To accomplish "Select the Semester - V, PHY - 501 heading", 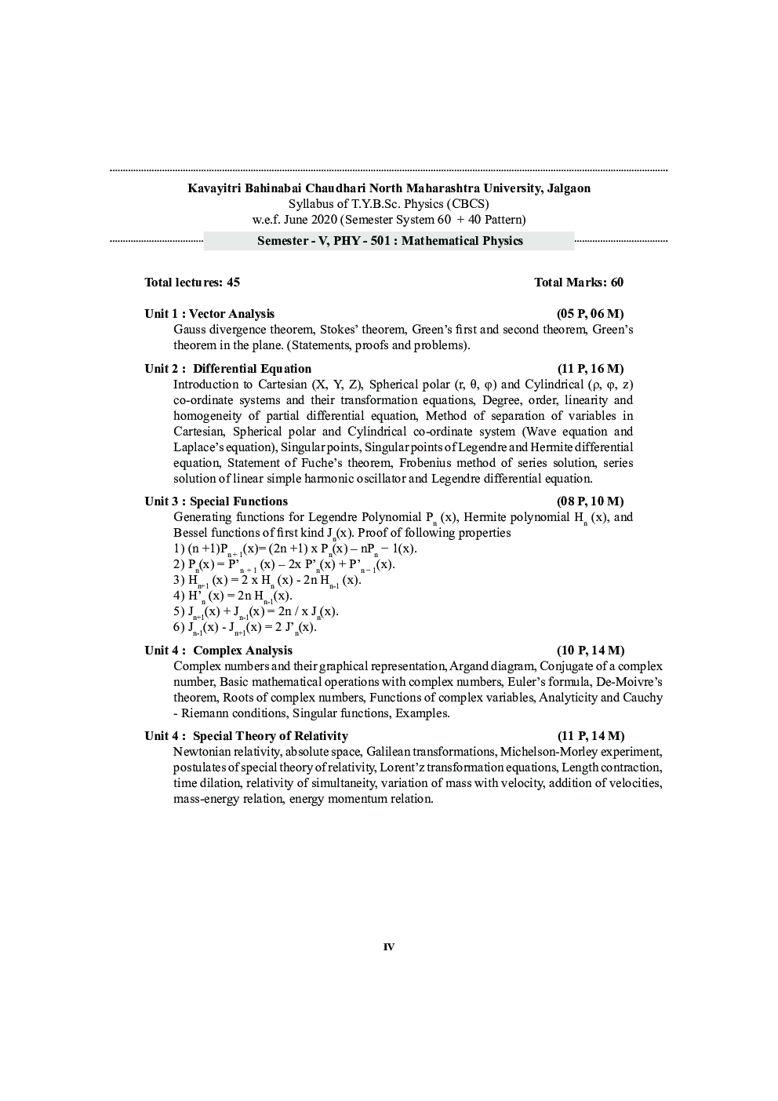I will point(390,241).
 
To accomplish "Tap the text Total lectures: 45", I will point(192,283).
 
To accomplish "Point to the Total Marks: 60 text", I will point(579,283).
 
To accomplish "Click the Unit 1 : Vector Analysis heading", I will point(209,314).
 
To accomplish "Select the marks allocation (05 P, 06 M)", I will point(591,314).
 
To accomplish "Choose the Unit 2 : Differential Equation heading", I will point(227,369).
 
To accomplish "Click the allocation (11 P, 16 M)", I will point(591,369).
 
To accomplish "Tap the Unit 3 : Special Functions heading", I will point(216,501).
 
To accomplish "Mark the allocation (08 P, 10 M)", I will point(591,501).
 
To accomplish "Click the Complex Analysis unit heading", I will point(218,651).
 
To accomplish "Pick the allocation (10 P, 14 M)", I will point(591,651).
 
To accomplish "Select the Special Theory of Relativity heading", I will point(246,736).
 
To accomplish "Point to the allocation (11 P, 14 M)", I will point(591,736).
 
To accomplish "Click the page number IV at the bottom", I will point(389,947).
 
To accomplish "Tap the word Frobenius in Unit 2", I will point(423,463).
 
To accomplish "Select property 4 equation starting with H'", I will point(232,596).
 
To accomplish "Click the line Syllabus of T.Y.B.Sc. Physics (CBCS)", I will point(388,204).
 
